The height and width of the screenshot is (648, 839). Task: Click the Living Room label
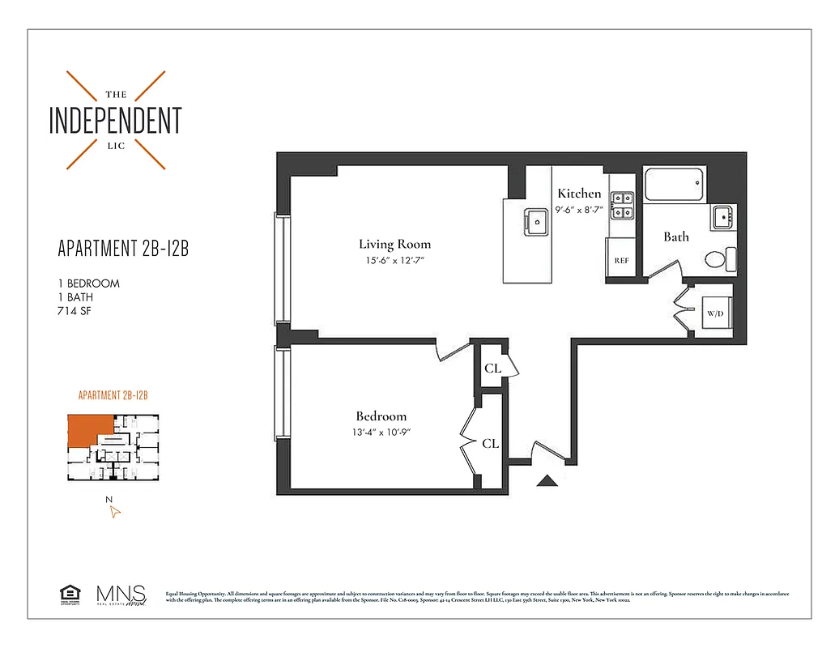click(x=394, y=244)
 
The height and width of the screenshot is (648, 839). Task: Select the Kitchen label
click(x=579, y=194)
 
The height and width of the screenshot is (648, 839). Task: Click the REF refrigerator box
click(x=622, y=260)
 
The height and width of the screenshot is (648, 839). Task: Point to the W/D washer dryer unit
click(x=715, y=312)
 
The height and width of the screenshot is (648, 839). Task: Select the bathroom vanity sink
click(x=723, y=217)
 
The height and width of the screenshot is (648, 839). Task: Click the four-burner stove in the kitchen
click(x=622, y=205)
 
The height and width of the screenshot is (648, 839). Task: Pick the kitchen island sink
click(x=535, y=219)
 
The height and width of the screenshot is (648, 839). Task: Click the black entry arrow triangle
click(x=548, y=481)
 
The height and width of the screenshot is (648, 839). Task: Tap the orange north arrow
click(x=115, y=510)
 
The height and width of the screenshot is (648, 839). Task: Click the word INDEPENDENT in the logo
click(x=115, y=120)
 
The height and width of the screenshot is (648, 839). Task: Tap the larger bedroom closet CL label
click(x=490, y=444)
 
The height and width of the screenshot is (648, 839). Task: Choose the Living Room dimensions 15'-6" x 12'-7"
click(x=394, y=261)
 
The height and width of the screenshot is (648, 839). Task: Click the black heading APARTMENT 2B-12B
click(x=123, y=249)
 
